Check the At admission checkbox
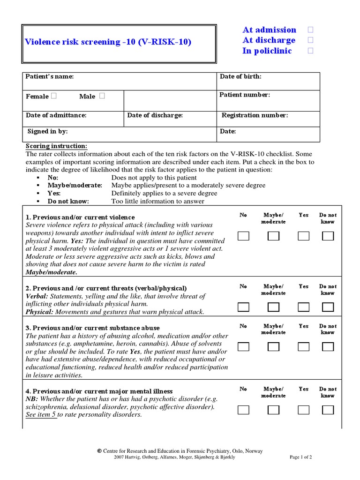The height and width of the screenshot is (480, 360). coord(310,30)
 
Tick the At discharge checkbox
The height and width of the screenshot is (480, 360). coord(310,40)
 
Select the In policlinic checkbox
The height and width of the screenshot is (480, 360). coord(310,51)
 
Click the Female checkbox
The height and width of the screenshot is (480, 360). coord(54,96)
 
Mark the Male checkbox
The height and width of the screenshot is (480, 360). coord(102,96)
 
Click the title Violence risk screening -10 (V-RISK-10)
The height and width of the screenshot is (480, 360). coord(108,42)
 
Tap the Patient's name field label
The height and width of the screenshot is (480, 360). coord(50,76)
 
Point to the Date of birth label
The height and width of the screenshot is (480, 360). coord(241,76)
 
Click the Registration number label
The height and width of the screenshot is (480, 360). coord(255,115)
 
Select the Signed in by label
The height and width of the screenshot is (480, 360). coord(47,132)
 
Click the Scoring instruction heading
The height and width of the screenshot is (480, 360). coord(56,146)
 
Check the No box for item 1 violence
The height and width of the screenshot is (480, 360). coord(243,236)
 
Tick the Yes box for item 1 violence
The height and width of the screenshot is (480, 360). coord(304,236)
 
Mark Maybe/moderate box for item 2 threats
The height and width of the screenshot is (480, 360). coord(273,307)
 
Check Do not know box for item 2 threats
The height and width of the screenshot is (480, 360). coord(328,307)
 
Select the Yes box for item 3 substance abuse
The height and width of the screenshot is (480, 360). coord(304,347)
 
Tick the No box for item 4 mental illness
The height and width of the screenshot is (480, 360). coord(243,410)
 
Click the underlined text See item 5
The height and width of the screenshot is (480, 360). coord(41,415)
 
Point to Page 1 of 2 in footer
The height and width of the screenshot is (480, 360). coord(301,457)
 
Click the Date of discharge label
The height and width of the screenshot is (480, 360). coord(155,115)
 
